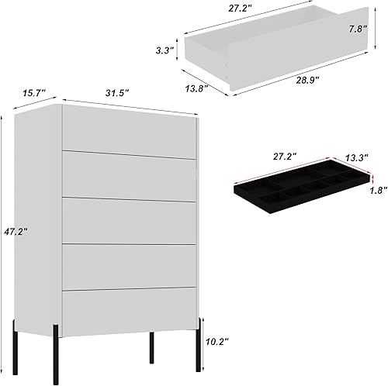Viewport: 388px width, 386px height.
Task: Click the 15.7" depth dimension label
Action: coord(33,94)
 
